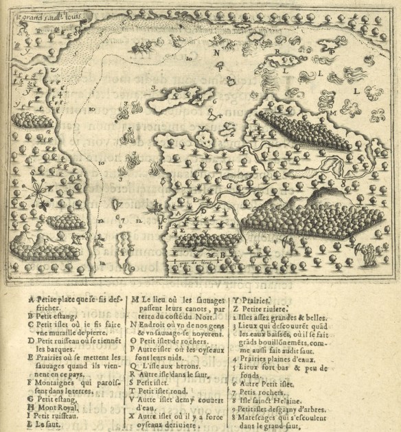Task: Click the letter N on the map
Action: click(x=217, y=52)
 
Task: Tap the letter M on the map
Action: click(x=332, y=111)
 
